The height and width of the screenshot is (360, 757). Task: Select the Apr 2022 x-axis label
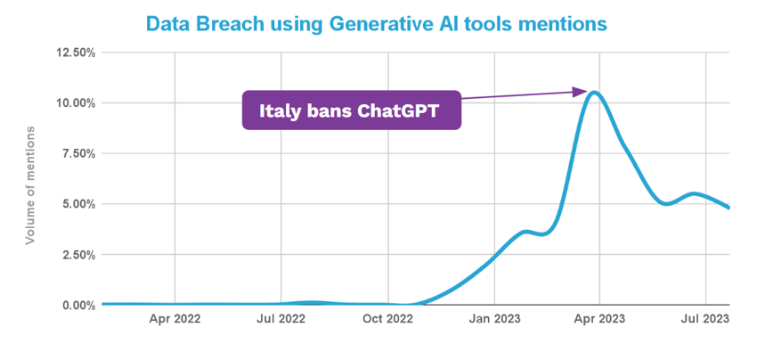(175, 318)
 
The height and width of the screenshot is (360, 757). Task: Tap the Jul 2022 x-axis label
(281, 318)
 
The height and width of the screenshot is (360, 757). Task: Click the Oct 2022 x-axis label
(387, 318)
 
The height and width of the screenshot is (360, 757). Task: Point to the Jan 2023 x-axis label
(493, 318)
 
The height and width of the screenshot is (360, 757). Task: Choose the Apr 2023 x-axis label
(599, 318)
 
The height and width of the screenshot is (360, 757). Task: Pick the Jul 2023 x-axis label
(705, 318)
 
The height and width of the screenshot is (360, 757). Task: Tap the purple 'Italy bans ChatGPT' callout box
(352, 111)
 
